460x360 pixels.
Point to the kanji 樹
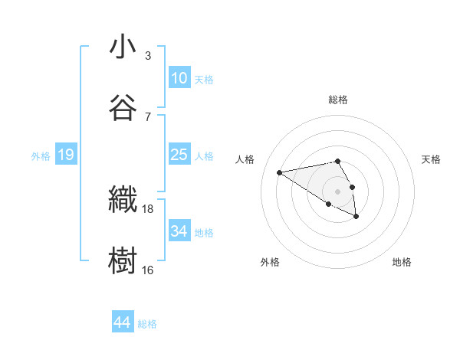click(123, 259)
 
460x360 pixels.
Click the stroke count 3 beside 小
click(148, 56)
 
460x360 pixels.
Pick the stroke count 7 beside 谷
click(148, 116)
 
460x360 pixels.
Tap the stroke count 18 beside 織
click(148, 208)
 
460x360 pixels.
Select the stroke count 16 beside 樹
click(148, 270)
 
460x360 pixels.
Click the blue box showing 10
click(179, 78)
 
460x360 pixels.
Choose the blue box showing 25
click(179, 155)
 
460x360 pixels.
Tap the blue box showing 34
click(179, 231)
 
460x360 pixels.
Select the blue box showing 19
click(66, 155)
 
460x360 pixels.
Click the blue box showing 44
click(122, 323)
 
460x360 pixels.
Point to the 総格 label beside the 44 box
click(147, 324)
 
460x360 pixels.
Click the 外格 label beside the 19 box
click(41, 156)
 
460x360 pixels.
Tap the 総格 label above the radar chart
click(337, 100)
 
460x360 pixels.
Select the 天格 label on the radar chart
click(432, 159)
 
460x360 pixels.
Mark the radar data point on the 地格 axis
click(356, 217)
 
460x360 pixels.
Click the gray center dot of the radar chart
click(337, 191)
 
